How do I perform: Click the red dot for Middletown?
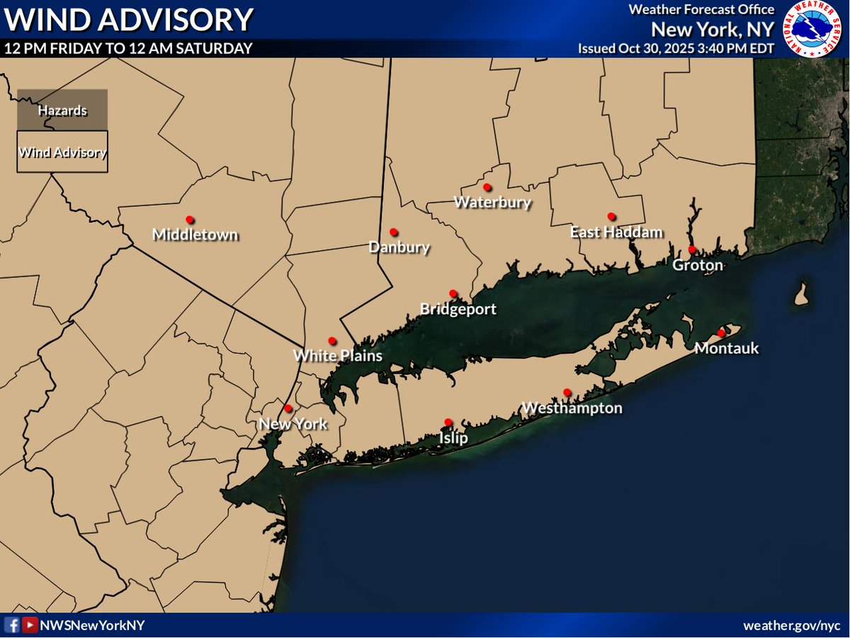[x=189, y=219]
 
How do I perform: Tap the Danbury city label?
[x=399, y=247]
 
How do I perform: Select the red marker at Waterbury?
[x=487, y=187]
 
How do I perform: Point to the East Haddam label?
[x=617, y=232]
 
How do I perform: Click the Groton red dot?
[x=692, y=250]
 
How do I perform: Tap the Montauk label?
[x=727, y=348]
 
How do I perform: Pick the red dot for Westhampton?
[x=567, y=392]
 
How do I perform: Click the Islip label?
[x=453, y=438]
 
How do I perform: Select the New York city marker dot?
[x=288, y=408]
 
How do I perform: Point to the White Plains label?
[x=338, y=356]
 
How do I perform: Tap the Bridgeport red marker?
[x=453, y=293]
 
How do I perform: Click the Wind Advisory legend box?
[x=62, y=152]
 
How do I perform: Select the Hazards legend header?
[x=62, y=111]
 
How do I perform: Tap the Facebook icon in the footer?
[x=12, y=625]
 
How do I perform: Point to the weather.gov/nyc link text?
[x=791, y=625]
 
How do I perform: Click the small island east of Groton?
[x=802, y=294]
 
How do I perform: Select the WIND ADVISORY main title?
[x=128, y=19]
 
